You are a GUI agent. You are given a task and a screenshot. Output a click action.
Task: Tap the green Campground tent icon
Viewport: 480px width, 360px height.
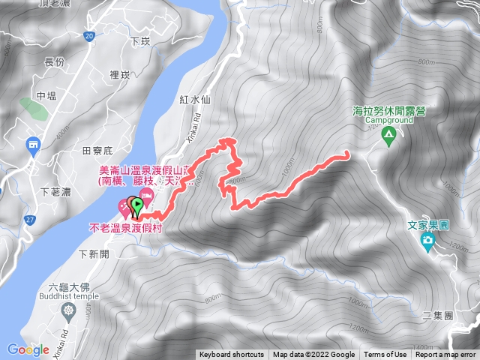coord(388,136)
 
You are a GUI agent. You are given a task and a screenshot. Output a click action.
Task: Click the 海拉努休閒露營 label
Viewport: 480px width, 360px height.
coord(388,111)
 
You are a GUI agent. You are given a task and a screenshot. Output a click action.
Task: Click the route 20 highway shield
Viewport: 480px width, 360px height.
coord(89,35)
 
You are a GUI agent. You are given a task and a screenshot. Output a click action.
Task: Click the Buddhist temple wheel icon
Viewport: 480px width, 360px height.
coord(69,310)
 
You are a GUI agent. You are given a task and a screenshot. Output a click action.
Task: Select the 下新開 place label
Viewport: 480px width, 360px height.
coord(94,254)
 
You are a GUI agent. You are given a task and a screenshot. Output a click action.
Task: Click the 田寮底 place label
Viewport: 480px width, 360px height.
coord(97,151)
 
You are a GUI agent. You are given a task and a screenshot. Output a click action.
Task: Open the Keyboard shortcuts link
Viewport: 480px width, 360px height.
coord(232,355)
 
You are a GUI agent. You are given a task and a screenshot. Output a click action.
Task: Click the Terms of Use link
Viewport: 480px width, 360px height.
coord(385,355)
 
